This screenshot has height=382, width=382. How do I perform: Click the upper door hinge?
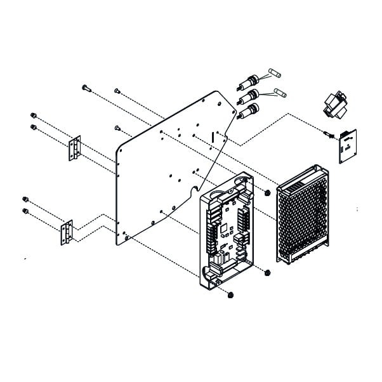tap(75, 148)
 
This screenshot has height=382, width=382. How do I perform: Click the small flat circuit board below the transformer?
tap(347, 145)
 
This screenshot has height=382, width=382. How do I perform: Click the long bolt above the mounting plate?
tap(87, 88)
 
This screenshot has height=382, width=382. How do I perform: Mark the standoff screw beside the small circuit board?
tap(328, 134)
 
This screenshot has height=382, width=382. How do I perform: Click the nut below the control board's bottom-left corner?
tap(230, 295)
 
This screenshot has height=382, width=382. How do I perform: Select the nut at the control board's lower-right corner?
tap(267, 273)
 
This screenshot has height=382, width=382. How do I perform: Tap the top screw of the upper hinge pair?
tap(33, 116)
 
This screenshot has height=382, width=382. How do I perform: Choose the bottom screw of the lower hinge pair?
tap(25, 211)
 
